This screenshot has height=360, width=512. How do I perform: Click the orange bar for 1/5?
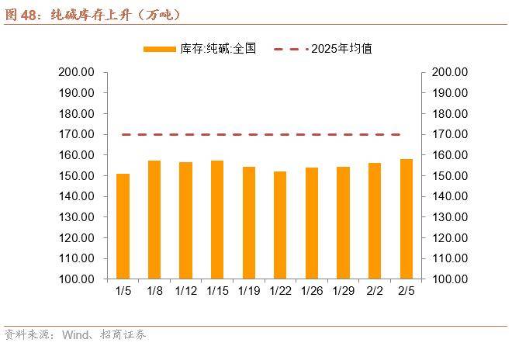point(123,226)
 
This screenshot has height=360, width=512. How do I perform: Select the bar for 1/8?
point(154,220)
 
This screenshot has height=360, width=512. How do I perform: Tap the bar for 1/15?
point(217,220)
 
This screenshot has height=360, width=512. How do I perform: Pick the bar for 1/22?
point(280,225)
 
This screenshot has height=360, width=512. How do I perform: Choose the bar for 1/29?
point(343,223)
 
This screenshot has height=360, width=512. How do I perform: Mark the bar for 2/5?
point(406,219)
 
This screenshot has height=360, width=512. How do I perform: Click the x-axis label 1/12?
point(186,291)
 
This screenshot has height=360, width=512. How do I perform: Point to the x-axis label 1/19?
point(249,291)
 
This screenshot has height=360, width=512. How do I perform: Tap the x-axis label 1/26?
point(311,291)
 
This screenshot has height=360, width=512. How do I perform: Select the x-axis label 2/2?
point(375,291)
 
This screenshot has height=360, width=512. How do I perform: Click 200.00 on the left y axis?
point(76,72)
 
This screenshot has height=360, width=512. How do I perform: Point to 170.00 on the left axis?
point(76,134)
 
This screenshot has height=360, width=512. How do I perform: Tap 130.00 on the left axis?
point(76,217)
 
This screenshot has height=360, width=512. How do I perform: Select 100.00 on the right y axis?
point(450,279)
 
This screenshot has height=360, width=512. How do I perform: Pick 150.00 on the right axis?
point(450,176)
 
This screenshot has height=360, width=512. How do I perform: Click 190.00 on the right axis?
point(450,93)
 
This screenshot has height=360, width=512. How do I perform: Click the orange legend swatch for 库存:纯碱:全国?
point(160,49)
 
